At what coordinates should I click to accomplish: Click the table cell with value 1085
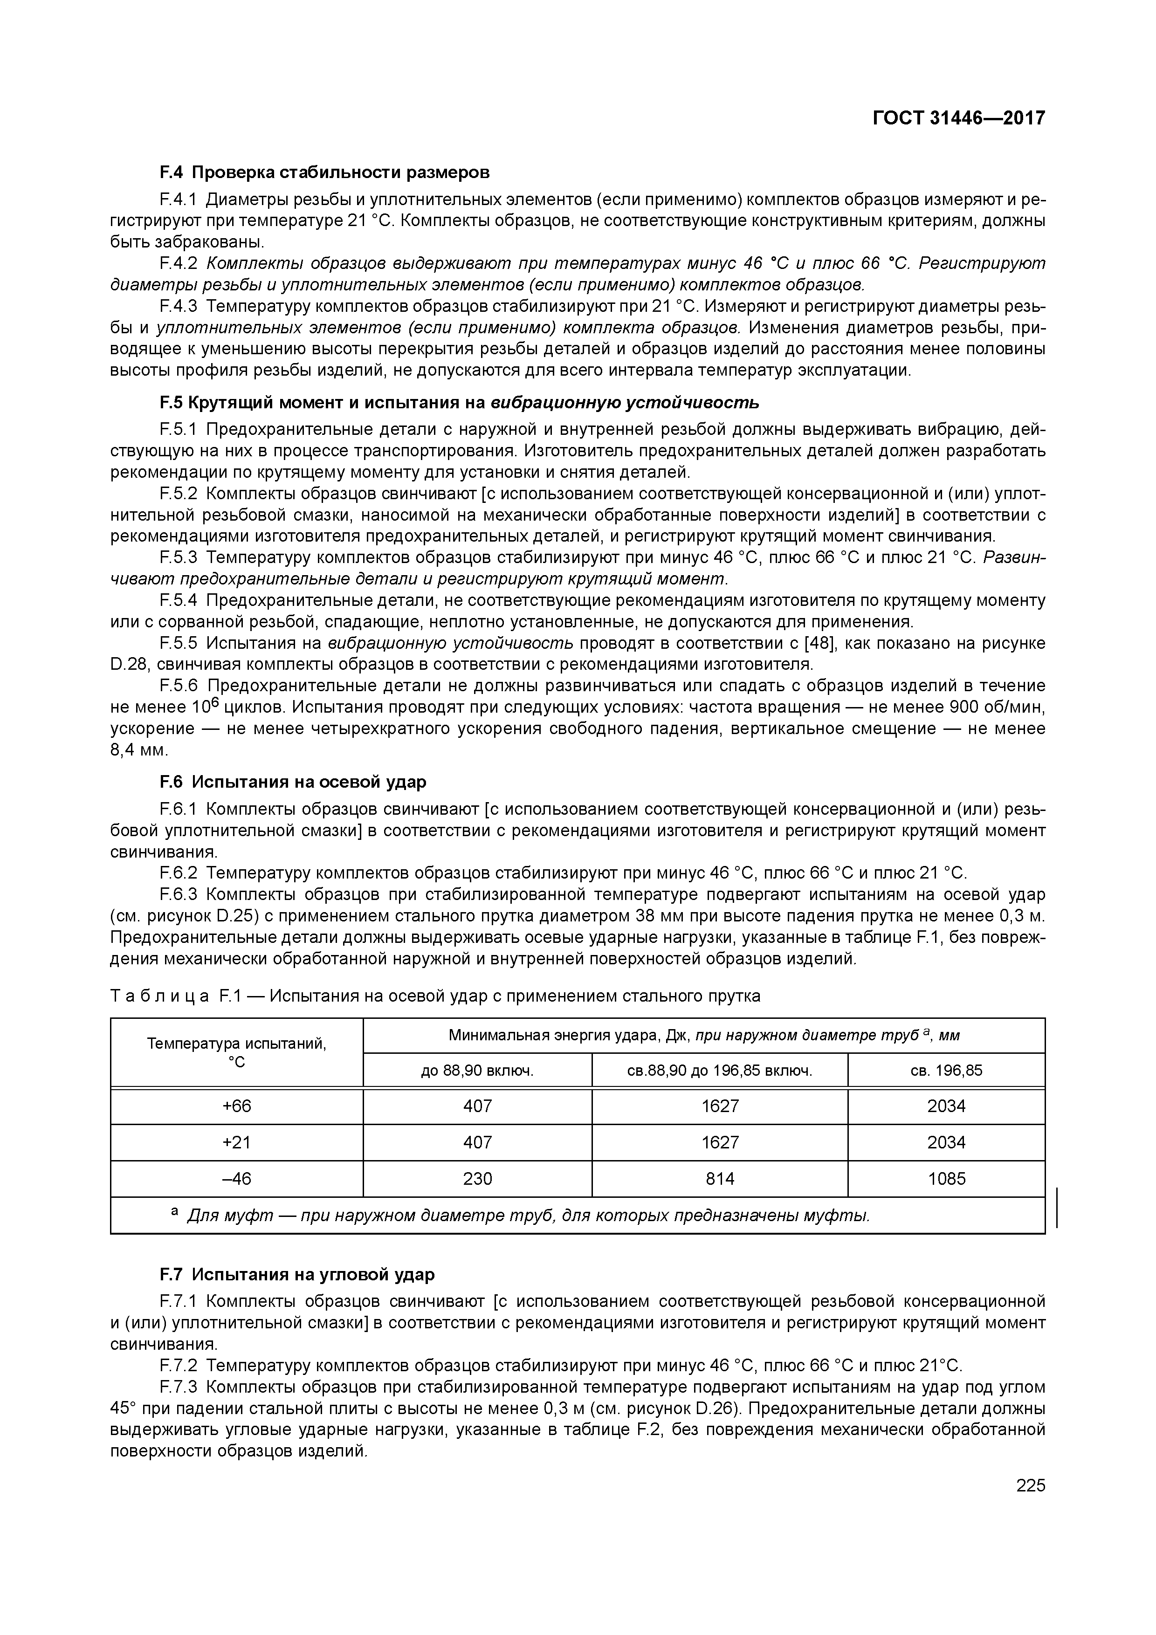[946, 1179]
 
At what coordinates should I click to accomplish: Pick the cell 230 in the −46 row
[477, 1179]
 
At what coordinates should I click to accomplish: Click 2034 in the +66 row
[946, 1106]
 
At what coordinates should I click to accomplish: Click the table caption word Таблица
[159, 996]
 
